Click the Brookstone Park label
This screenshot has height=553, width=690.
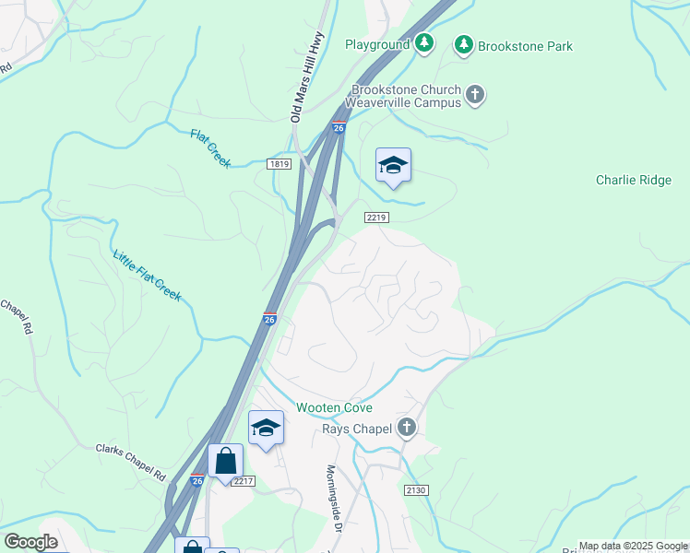[525, 46]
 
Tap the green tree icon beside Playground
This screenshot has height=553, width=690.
[423, 42]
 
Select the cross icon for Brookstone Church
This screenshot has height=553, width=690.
[474, 94]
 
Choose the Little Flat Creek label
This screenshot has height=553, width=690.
[147, 276]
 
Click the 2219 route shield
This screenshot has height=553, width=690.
[376, 218]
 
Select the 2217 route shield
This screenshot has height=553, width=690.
[243, 481]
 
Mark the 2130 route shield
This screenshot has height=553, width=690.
[415, 490]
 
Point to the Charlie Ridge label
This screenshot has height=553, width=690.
[634, 181]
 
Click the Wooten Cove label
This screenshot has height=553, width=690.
[334, 407]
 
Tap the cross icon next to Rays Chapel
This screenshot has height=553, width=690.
[406, 428]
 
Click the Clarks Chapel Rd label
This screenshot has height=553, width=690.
[130, 461]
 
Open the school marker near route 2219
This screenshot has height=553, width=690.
[393, 166]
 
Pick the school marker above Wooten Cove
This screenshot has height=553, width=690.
[266, 428]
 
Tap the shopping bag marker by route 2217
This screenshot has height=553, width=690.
[226, 460]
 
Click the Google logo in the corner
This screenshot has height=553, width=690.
[30, 542]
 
